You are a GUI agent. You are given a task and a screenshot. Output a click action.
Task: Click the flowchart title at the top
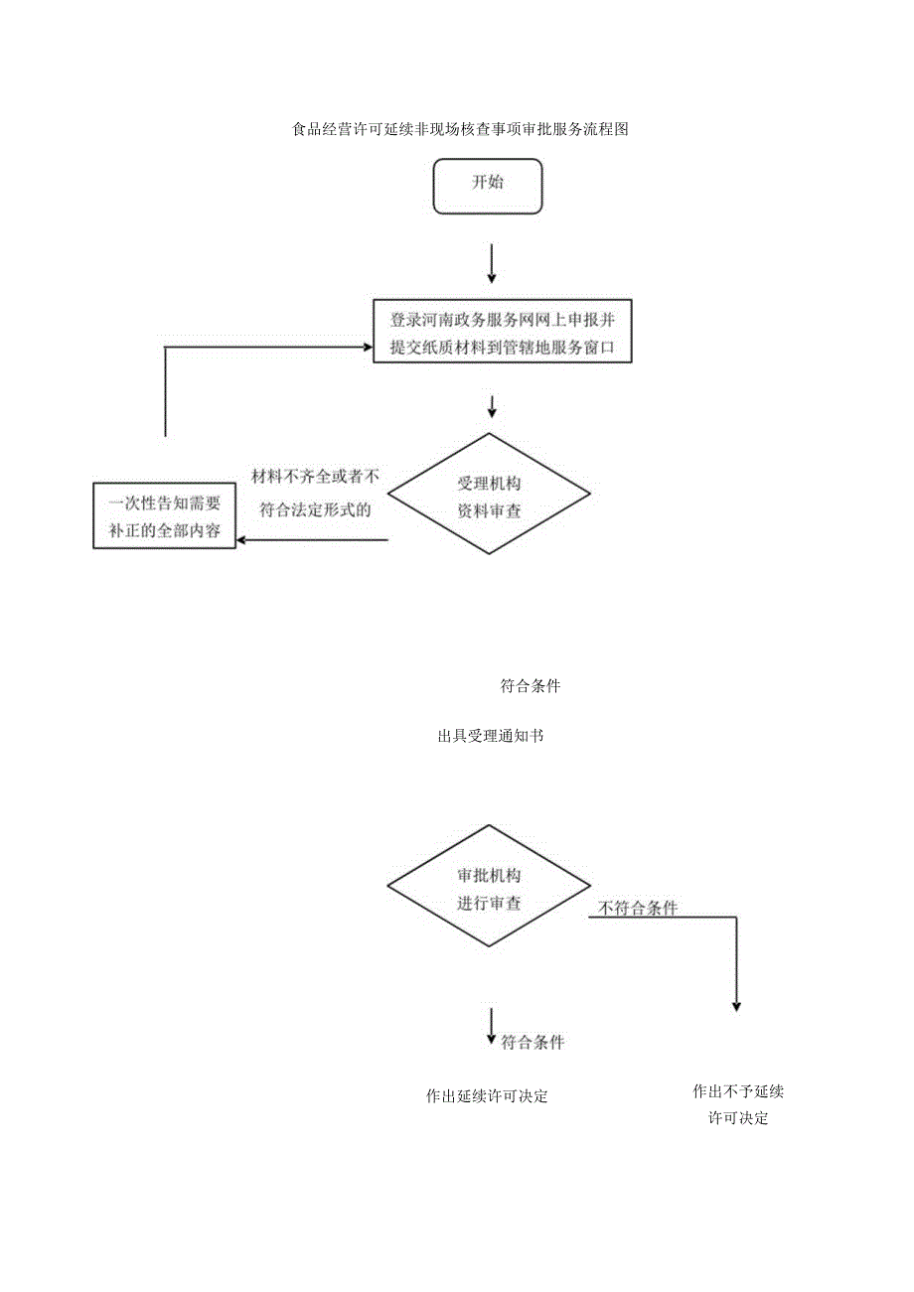click(462, 128)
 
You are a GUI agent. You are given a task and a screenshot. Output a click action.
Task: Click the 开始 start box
click(488, 185)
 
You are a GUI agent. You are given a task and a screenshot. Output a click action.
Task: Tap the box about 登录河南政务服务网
click(503, 334)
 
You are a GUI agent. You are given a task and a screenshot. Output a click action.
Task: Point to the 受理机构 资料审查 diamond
click(489, 498)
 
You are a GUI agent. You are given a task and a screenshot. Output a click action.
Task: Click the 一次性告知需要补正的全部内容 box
click(164, 515)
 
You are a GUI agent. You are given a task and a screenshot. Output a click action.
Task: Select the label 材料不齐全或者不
click(316, 476)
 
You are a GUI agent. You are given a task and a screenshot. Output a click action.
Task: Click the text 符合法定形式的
click(314, 510)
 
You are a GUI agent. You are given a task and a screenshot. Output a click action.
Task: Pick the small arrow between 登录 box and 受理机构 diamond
click(491, 407)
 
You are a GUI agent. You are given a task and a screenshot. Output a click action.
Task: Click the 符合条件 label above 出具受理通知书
click(530, 685)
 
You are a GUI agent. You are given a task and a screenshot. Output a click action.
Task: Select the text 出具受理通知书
click(490, 737)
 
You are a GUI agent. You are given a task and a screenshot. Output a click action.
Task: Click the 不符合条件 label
click(638, 908)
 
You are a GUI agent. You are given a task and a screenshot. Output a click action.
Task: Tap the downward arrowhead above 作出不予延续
click(736, 1004)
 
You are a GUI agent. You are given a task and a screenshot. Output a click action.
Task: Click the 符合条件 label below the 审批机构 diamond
click(533, 1042)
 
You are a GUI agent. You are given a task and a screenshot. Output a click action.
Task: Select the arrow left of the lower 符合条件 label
click(491, 1027)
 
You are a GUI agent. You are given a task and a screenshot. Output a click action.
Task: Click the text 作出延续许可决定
click(487, 1096)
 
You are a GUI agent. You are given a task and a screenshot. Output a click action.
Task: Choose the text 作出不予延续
click(738, 1091)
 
